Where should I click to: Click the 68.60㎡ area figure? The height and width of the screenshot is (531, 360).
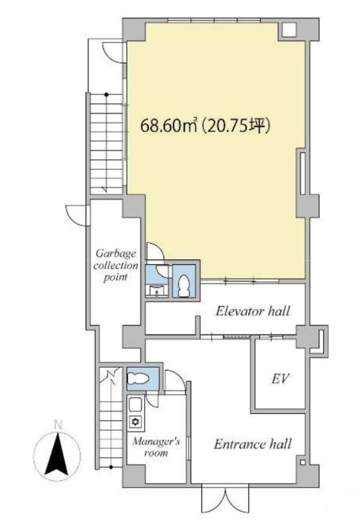coord(169,126)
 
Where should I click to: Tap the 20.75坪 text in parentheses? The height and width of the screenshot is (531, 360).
coord(236,126)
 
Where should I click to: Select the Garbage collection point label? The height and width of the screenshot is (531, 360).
coord(116,265)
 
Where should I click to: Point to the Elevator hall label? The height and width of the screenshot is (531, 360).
coord(253,311)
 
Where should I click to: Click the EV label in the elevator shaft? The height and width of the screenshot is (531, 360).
coord(280,379)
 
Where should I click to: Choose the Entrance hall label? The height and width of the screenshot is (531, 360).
coord(252,443)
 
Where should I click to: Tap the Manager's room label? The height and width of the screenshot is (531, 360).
coord(156,447)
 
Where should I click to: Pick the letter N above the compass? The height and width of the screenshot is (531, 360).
coord(58,425)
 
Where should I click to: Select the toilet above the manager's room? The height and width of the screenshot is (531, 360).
coord(137,378)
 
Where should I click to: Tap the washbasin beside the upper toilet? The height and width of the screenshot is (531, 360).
coord(156,291)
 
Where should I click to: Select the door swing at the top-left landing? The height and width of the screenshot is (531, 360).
coord(113,52)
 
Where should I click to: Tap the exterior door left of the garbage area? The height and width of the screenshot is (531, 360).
coord(76,214)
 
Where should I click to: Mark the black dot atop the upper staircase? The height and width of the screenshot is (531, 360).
coord(106,94)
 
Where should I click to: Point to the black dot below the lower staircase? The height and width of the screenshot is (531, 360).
coord(111,467)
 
